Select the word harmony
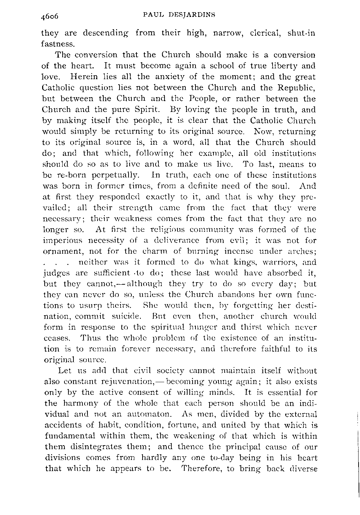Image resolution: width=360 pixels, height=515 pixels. pyautogui.click(x=84, y=403)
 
